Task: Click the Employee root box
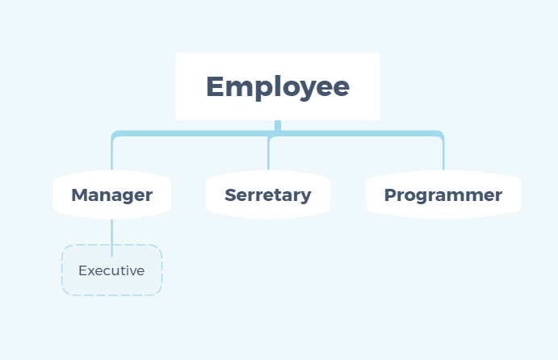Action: click(277, 86)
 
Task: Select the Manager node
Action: click(111, 195)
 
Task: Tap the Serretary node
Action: click(267, 195)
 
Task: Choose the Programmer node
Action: click(443, 195)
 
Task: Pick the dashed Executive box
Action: click(111, 270)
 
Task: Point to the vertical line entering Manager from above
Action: click(111, 156)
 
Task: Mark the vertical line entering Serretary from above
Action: click(268, 156)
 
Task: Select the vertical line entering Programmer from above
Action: click(443, 156)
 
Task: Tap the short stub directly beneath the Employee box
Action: click(278, 125)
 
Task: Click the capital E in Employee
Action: click(216, 86)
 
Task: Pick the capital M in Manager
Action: click(79, 195)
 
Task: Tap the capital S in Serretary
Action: click(230, 195)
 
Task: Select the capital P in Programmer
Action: click(390, 195)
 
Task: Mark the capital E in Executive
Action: click(82, 270)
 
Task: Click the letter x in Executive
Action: click(90, 271)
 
